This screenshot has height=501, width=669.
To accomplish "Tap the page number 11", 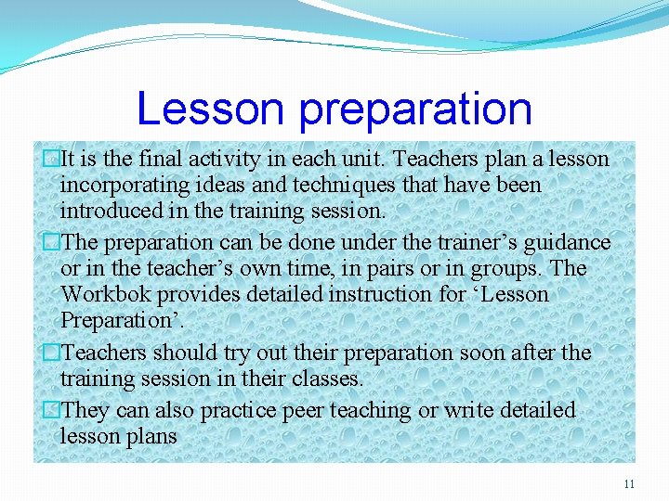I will pyautogui.click(x=629, y=484).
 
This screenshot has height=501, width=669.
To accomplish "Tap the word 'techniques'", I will pyautogui.click(x=357, y=185).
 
